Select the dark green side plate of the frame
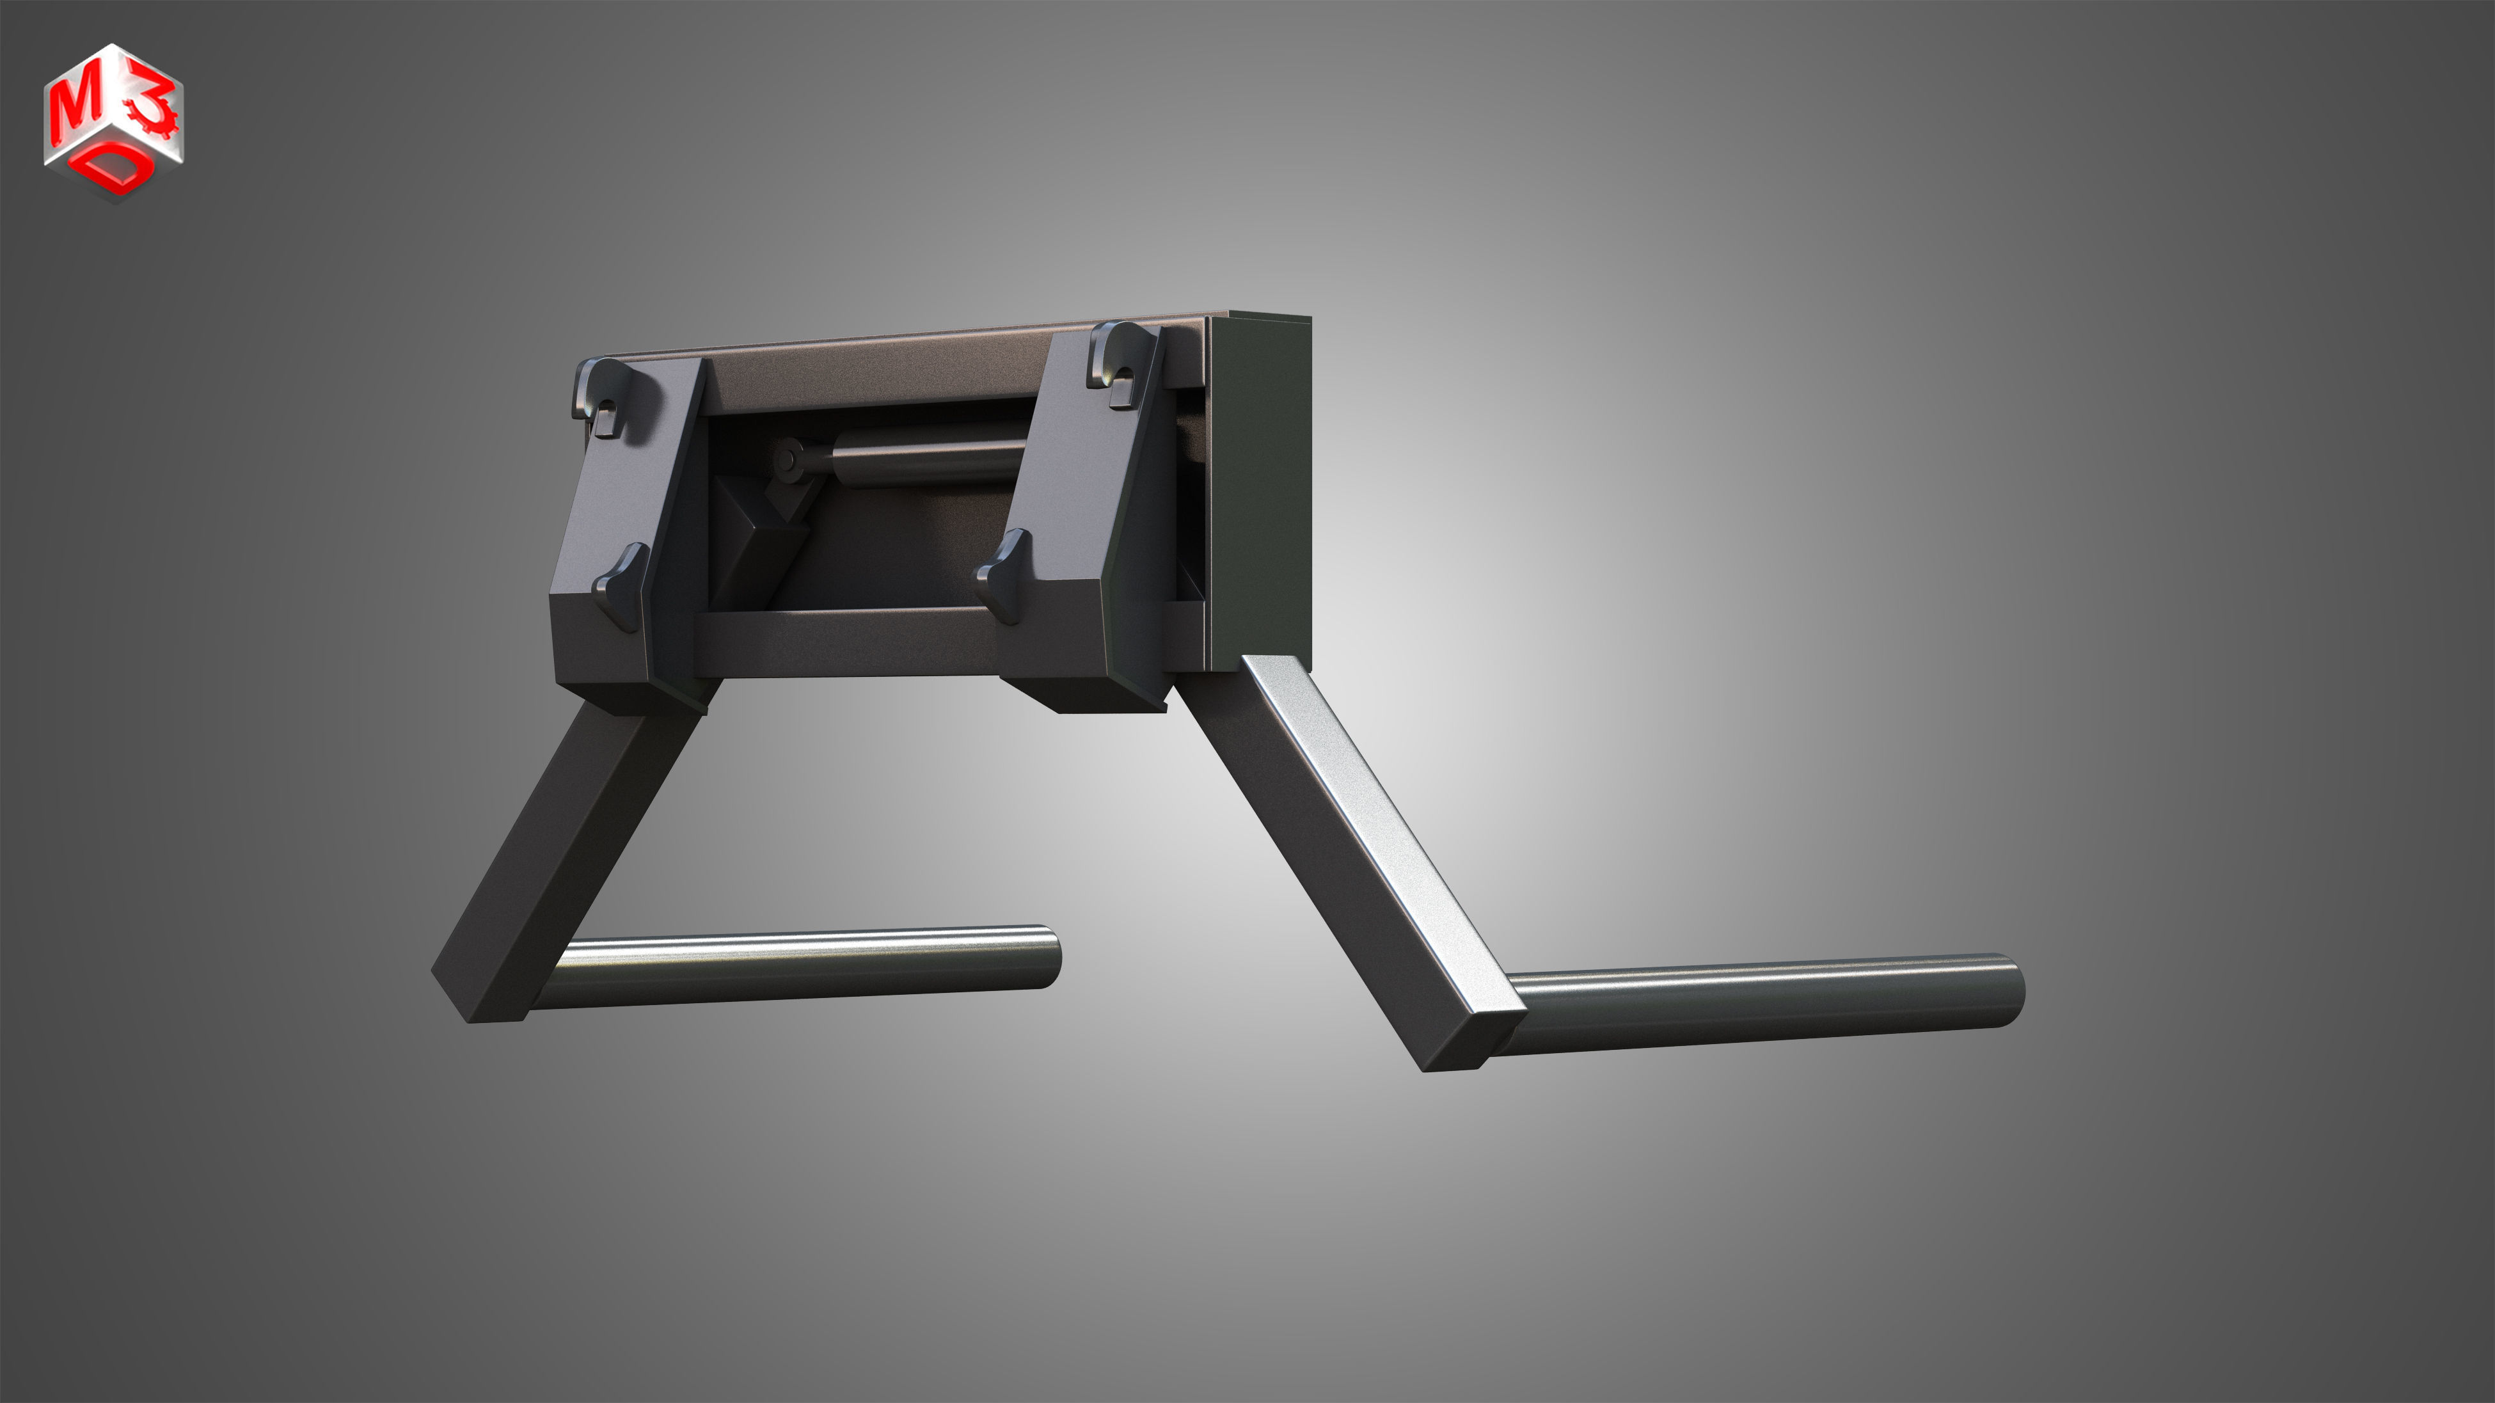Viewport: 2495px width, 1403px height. pos(1259,494)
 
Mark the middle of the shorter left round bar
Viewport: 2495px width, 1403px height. pos(794,968)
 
